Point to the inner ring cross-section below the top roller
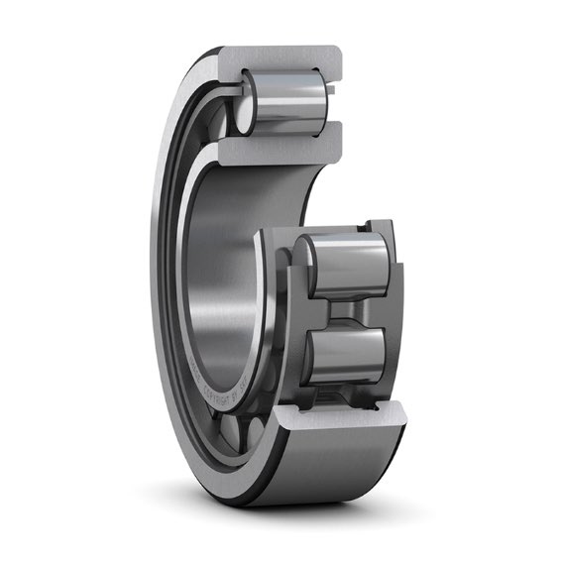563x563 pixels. (282, 143)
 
